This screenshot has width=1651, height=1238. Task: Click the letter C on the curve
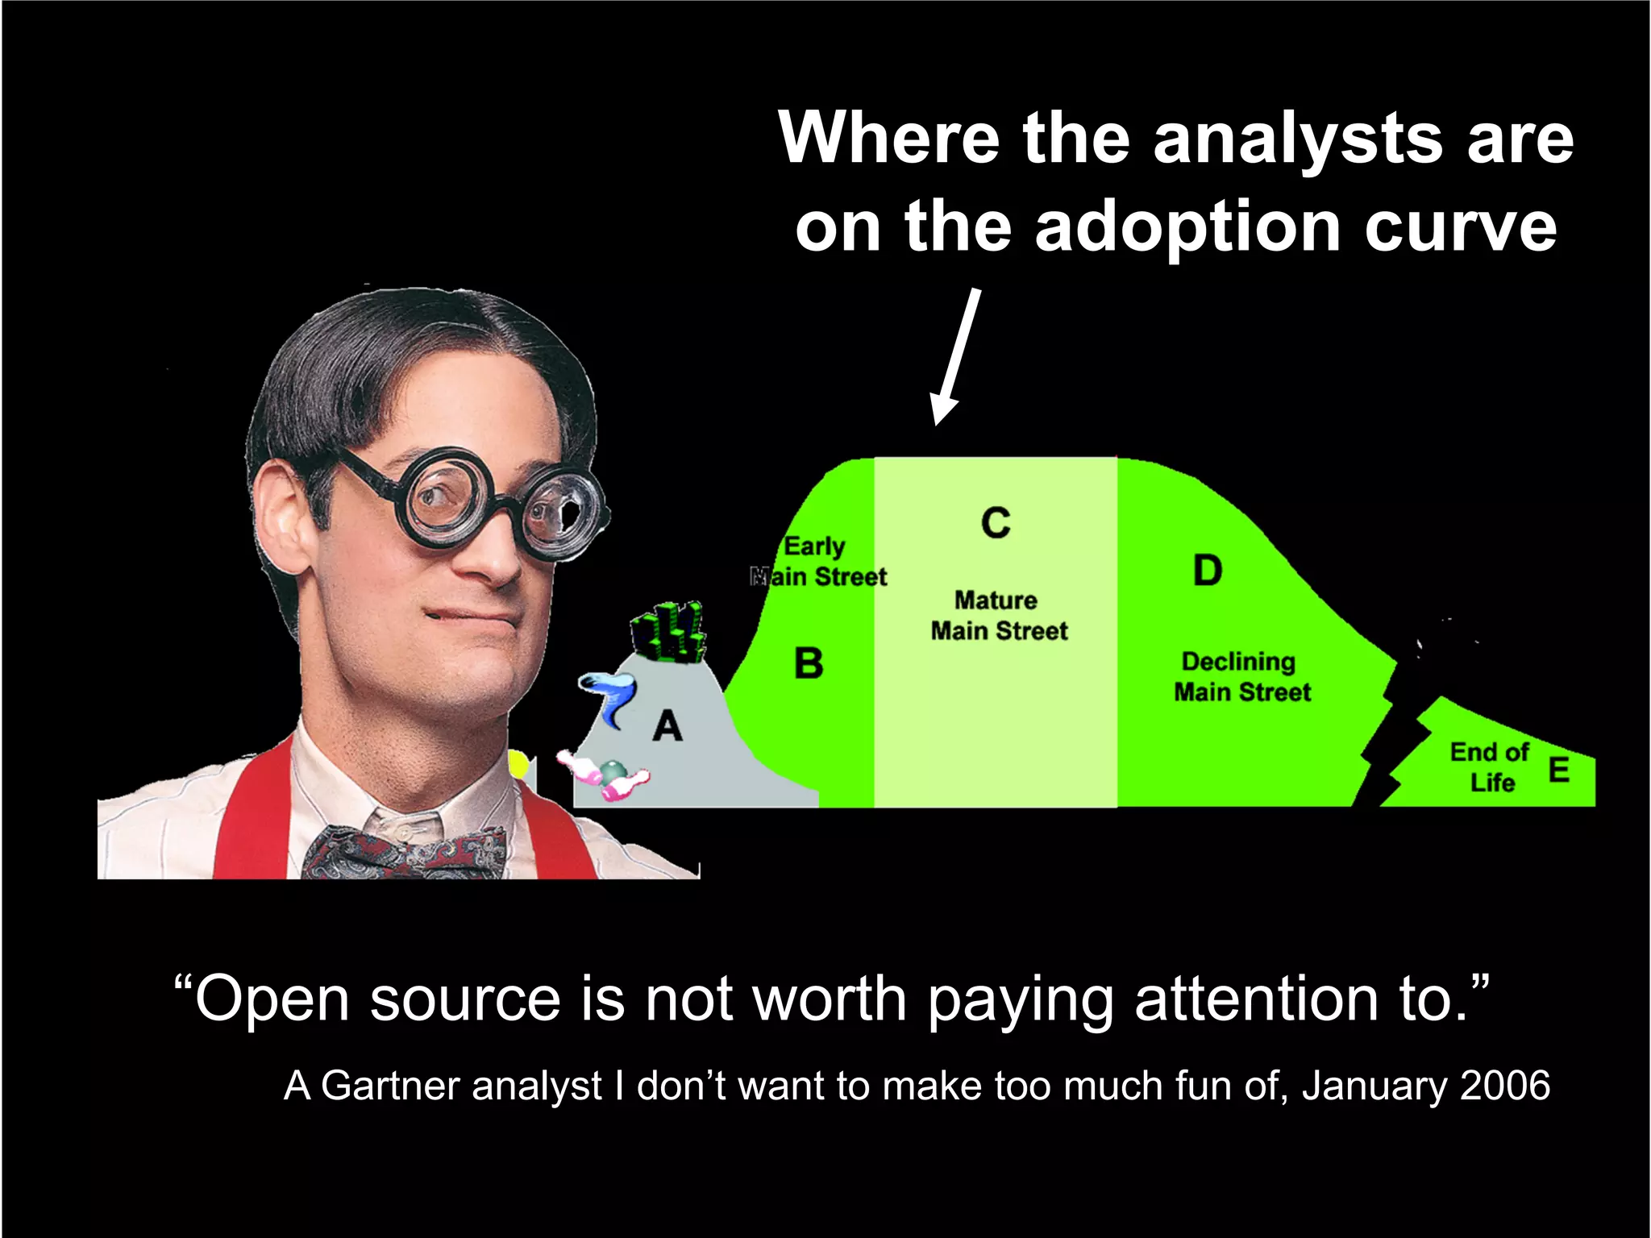point(996,522)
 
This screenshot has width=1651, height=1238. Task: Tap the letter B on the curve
point(809,663)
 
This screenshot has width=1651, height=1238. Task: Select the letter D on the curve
point(1208,571)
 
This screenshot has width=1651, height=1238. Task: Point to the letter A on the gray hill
point(667,726)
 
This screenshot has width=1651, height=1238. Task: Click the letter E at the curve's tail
point(1559,770)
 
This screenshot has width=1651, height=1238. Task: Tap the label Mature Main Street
point(999,615)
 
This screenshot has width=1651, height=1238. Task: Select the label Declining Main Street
point(1241,676)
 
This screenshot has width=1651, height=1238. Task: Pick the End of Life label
point(1490,766)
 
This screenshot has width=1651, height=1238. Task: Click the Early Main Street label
point(818,562)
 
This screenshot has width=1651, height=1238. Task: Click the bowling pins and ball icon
point(605,775)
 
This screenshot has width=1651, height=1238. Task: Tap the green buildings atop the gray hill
point(668,632)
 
